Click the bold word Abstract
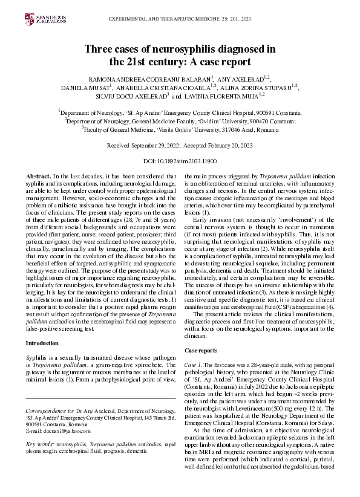point(38,175)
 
